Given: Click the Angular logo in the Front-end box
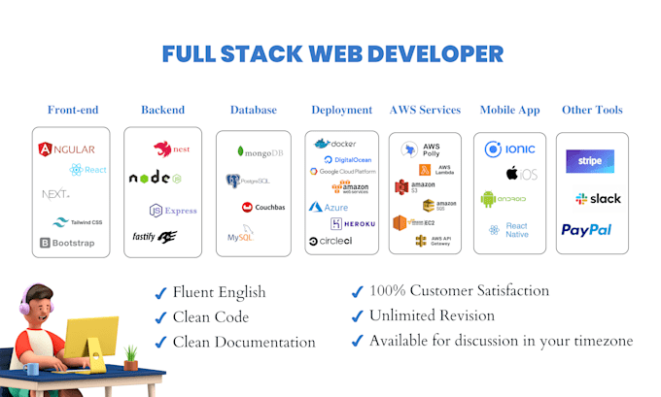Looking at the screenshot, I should [66, 149].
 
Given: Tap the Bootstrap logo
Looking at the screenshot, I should [67, 243].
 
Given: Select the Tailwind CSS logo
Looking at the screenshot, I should [78, 222].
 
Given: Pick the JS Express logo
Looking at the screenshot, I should [172, 210].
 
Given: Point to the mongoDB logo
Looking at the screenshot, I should [260, 152].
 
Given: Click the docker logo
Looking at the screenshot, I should [335, 144].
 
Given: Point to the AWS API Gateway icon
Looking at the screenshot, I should [434, 240].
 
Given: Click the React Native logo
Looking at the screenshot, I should [507, 230].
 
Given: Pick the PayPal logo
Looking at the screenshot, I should [586, 230].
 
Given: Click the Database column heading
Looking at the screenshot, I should [254, 110].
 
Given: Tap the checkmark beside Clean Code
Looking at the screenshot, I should [160, 316].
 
